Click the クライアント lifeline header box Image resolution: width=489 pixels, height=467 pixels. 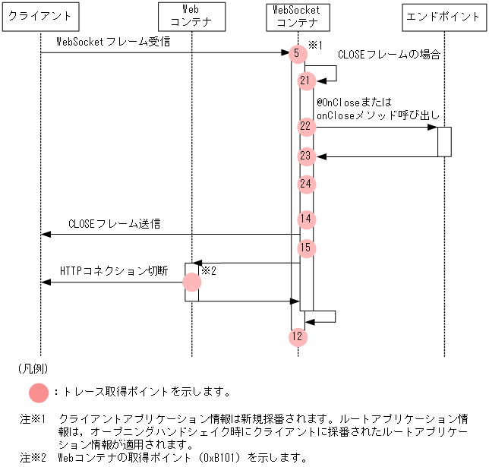pos(41,17)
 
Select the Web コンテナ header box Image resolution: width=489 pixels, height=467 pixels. pos(193,17)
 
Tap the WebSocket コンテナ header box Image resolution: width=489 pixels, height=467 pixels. pos(296,17)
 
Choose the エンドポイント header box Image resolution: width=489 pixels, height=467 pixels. pos(443,17)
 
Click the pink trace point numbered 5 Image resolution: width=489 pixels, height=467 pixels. pos(298,53)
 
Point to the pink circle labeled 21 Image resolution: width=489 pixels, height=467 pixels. pos(305,80)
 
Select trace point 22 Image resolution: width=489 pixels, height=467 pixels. pos(305,126)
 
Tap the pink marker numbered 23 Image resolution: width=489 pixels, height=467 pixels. pos(305,156)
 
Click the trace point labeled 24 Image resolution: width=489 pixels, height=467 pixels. pos(305,184)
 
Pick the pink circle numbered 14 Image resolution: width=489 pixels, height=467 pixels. pos(305,219)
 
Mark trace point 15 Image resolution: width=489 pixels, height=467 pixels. pos(305,248)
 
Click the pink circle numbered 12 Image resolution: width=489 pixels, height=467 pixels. pos(298,336)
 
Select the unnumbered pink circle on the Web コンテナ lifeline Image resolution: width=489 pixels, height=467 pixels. pos(192,282)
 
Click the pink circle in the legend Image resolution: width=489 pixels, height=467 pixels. pos(38,393)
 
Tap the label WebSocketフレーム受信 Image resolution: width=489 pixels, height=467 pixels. pos(112,42)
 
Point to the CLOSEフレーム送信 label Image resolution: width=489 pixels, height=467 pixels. pos(114,224)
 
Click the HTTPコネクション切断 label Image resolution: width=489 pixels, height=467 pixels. pos(113,271)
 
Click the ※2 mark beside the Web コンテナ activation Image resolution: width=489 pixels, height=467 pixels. pos(209,270)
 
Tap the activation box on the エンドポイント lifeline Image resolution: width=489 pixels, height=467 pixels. pos(444,141)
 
